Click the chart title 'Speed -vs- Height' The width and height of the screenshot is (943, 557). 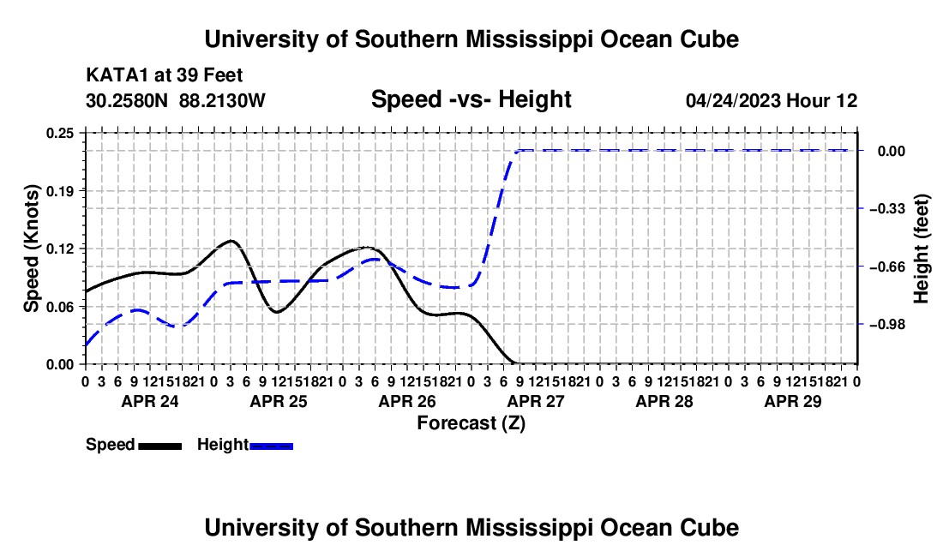tap(471, 99)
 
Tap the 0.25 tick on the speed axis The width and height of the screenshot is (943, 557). tap(59, 133)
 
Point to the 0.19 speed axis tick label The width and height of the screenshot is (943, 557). tap(59, 191)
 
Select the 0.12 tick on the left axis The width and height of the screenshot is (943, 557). tap(59, 249)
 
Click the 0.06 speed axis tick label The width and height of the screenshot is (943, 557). tap(59, 307)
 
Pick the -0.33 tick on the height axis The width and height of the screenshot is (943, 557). tap(887, 208)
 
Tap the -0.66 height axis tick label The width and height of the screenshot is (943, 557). tap(887, 267)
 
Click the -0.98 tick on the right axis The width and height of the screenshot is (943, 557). tap(887, 325)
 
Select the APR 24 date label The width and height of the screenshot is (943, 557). tap(150, 401)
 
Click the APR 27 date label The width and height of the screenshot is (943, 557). tap(536, 401)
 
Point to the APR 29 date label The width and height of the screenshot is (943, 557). tap(793, 401)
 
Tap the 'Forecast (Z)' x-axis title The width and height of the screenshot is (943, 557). tap(471, 423)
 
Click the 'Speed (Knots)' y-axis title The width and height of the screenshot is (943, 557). tap(31, 249)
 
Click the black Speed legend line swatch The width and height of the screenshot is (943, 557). tap(160, 446)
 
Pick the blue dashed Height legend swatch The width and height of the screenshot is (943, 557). tap(271, 446)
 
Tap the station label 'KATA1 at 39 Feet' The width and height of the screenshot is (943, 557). tap(165, 75)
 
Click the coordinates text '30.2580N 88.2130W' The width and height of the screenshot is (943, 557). tap(175, 100)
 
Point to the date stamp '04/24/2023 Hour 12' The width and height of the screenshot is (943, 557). tap(772, 100)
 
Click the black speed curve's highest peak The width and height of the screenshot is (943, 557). tap(231, 240)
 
